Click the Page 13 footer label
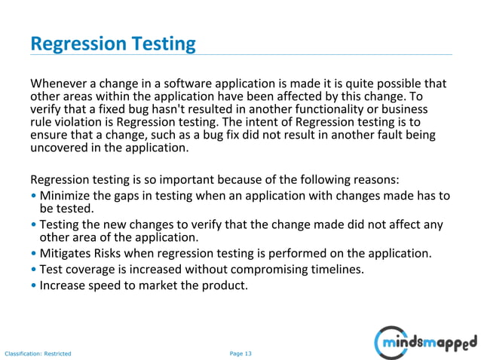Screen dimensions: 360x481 click(x=240, y=352)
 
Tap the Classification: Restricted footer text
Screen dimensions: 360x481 click(x=38, y=352)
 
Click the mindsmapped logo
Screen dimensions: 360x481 click(x=425, y=342)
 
